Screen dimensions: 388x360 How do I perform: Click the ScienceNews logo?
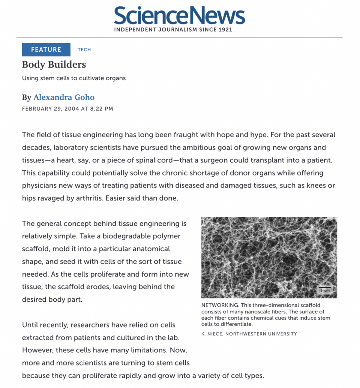[x=180, y=16]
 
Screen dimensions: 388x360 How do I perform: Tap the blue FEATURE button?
[x=46, y=49]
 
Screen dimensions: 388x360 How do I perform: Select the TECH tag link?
[x=84, y=49]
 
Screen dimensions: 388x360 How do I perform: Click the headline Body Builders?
[x=54, y=64]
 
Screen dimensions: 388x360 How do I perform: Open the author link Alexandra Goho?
[x=64, y=97]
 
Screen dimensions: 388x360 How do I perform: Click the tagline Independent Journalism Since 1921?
[x=173, y=30]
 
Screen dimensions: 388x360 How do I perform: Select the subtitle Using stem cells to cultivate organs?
[x=74, y=78]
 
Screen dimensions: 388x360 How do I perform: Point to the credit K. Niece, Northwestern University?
[x=249, y=334]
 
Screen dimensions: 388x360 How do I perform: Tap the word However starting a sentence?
[x=37, y=350]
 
